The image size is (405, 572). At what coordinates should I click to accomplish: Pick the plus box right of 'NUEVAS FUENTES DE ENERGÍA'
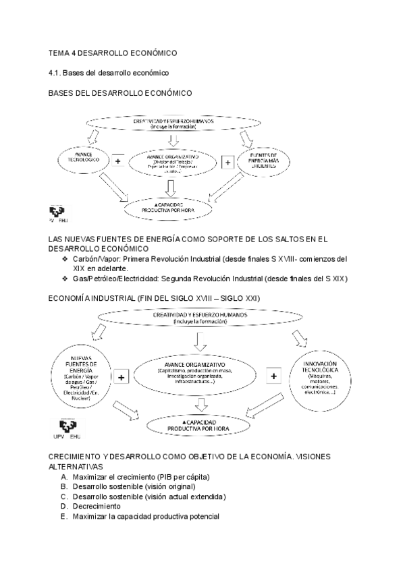coord(122,377)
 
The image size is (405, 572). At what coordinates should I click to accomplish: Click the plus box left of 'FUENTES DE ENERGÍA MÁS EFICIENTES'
coord(227,162)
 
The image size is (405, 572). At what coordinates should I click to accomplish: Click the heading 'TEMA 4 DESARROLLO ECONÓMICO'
coord(111,52)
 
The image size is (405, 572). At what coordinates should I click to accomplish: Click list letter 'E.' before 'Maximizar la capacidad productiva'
coord(63,516)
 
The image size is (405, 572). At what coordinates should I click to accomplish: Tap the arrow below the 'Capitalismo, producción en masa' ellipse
coord(200,403)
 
